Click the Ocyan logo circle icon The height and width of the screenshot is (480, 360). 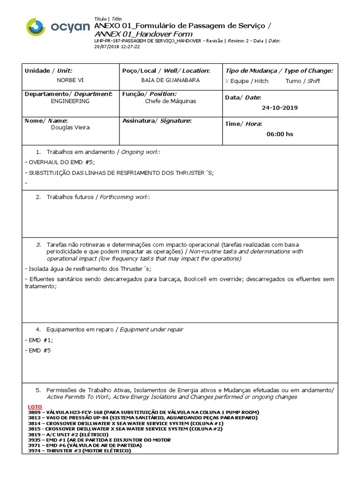point(36,27)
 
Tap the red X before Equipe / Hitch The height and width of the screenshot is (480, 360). point(227,81)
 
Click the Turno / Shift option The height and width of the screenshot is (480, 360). point(302,81)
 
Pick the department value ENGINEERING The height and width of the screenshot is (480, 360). point(70,101)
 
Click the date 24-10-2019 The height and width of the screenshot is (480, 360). point(279,108)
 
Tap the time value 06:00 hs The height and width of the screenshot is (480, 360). point(279,134)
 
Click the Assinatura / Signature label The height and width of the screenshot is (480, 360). point(157,120)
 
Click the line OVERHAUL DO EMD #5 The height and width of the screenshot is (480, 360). point(60,162)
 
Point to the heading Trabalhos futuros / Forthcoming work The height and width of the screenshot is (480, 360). point(98,197)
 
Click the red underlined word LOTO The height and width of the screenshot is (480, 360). point(35,406)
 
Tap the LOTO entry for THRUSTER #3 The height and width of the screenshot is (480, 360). point(80,451)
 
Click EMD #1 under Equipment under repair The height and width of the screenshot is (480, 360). point(39,340)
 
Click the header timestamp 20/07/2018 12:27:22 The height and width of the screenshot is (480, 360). point(117,46)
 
